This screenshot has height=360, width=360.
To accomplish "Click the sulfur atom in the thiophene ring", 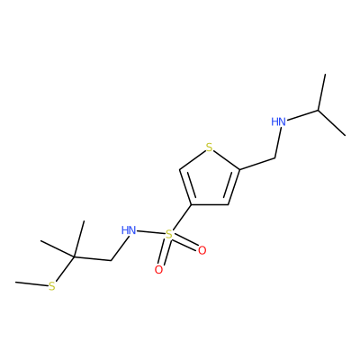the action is (210, 148).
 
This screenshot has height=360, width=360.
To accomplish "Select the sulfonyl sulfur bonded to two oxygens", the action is (169, 234).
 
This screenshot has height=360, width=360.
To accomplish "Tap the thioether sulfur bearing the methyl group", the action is (52, 286).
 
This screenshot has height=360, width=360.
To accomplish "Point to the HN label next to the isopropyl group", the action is (278, 121).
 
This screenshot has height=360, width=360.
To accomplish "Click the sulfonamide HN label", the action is (129, 230).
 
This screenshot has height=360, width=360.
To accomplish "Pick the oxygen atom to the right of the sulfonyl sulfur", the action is (202, 250).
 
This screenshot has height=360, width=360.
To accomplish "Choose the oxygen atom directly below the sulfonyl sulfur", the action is (158, 270).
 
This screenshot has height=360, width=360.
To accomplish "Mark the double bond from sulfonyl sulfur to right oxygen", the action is (185, 243).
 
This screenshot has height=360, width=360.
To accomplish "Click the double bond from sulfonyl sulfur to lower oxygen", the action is (164, 252).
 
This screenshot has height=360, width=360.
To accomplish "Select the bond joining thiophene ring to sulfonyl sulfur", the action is (182, 217).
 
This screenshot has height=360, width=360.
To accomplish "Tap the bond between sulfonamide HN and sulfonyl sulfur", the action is (151, 232).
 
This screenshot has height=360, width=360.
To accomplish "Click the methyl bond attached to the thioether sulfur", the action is (31, 283).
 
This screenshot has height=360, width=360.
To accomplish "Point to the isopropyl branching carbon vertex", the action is (319, 111).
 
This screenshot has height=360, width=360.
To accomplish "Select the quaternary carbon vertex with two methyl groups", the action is (74, 257).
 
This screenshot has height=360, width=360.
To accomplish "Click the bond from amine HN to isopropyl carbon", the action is (302, 115).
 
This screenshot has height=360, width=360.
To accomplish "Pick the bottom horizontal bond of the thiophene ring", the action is (210, 205).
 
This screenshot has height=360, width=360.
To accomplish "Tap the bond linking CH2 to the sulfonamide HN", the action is (121, 247).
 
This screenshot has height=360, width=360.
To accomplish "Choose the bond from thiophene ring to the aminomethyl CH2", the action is (257, 164).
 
